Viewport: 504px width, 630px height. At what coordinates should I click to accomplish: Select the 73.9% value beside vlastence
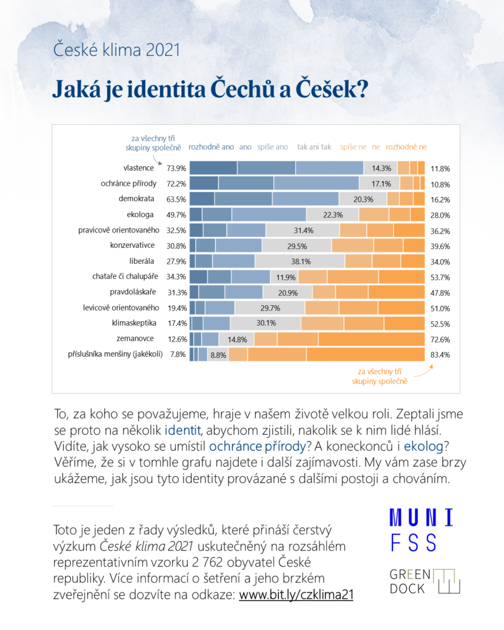[176, 168]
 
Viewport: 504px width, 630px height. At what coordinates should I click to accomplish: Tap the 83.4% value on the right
[440, 354]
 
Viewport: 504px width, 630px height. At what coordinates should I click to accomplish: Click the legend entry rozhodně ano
[211, 147]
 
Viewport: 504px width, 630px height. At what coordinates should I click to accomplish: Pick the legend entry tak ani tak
[314, 147]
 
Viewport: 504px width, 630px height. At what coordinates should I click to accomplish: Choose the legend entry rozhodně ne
[406, 147]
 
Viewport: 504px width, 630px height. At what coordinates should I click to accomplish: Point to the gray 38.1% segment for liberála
[300, 261]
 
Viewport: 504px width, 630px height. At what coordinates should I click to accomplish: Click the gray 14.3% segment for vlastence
[380, 168]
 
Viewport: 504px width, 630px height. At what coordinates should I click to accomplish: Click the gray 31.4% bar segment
[303, 230]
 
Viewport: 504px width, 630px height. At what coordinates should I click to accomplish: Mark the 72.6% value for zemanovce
[440, 339]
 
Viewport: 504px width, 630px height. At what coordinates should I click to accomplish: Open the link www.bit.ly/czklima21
[296, 596]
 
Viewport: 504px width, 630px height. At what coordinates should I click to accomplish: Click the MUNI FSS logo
[422, 530]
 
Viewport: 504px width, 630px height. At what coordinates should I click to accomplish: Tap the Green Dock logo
[425, 581]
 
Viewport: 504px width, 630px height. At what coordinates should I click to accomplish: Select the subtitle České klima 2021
[117, 49]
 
